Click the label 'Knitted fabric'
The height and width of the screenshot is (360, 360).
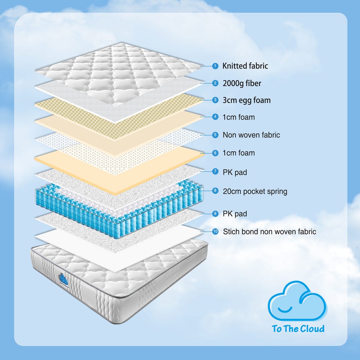pos(245,66)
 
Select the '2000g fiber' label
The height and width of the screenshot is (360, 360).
pos(242,83)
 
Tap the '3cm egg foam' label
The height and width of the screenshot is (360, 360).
pos(247,100)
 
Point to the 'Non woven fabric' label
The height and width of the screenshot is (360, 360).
pos(251,135)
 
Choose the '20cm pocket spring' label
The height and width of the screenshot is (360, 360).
pos(255,191)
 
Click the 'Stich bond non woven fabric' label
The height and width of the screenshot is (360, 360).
pos(270,231)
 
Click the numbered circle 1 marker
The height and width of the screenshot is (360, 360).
pos(215,66)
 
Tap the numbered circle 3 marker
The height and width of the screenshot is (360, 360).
pos(215,100)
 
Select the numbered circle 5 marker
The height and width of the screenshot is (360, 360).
pos(215,135)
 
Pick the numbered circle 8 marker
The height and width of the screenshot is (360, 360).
pos(215,190)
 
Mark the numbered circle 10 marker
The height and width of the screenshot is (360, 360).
pos(215,231)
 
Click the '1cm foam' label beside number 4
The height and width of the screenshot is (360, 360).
pos(239,117)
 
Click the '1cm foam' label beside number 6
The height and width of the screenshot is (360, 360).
pos(239,153)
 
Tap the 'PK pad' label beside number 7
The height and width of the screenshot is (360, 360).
pos(235,172)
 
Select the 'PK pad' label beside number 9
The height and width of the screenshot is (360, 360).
pos(235,214)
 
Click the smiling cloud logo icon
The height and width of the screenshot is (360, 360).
pos(297,301)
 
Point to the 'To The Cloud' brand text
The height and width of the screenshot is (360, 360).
pos(298,328)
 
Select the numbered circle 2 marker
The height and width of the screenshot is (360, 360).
pos(215,83)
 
